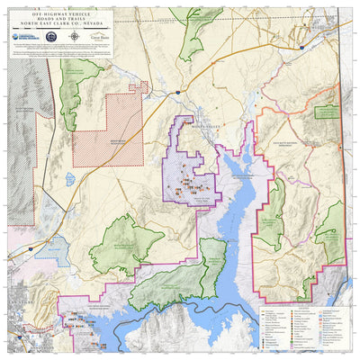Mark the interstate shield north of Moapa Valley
179,92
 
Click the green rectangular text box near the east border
322,109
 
